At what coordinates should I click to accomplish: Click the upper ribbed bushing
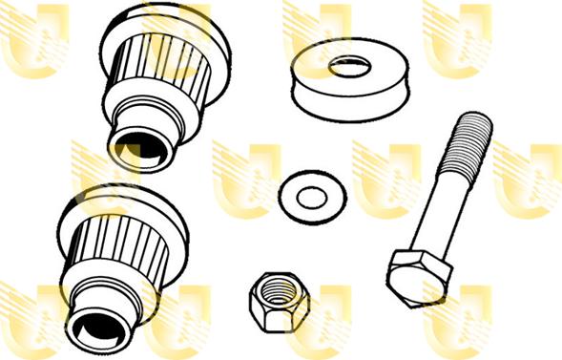coord(162,76)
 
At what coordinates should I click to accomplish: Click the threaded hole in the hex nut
coord(270,290)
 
